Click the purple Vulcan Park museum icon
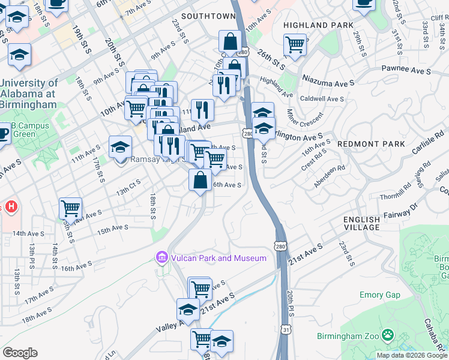[161, 258]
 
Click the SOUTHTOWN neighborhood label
[208, 16]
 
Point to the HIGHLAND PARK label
[314, 25]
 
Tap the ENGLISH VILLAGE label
[362, 224]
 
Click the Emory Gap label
[379, 295]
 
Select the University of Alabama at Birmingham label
[29, 94]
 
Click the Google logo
[20, 353]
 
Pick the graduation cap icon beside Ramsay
[120, 147]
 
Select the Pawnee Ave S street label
[406, 71]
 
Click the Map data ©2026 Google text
[411, 355]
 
